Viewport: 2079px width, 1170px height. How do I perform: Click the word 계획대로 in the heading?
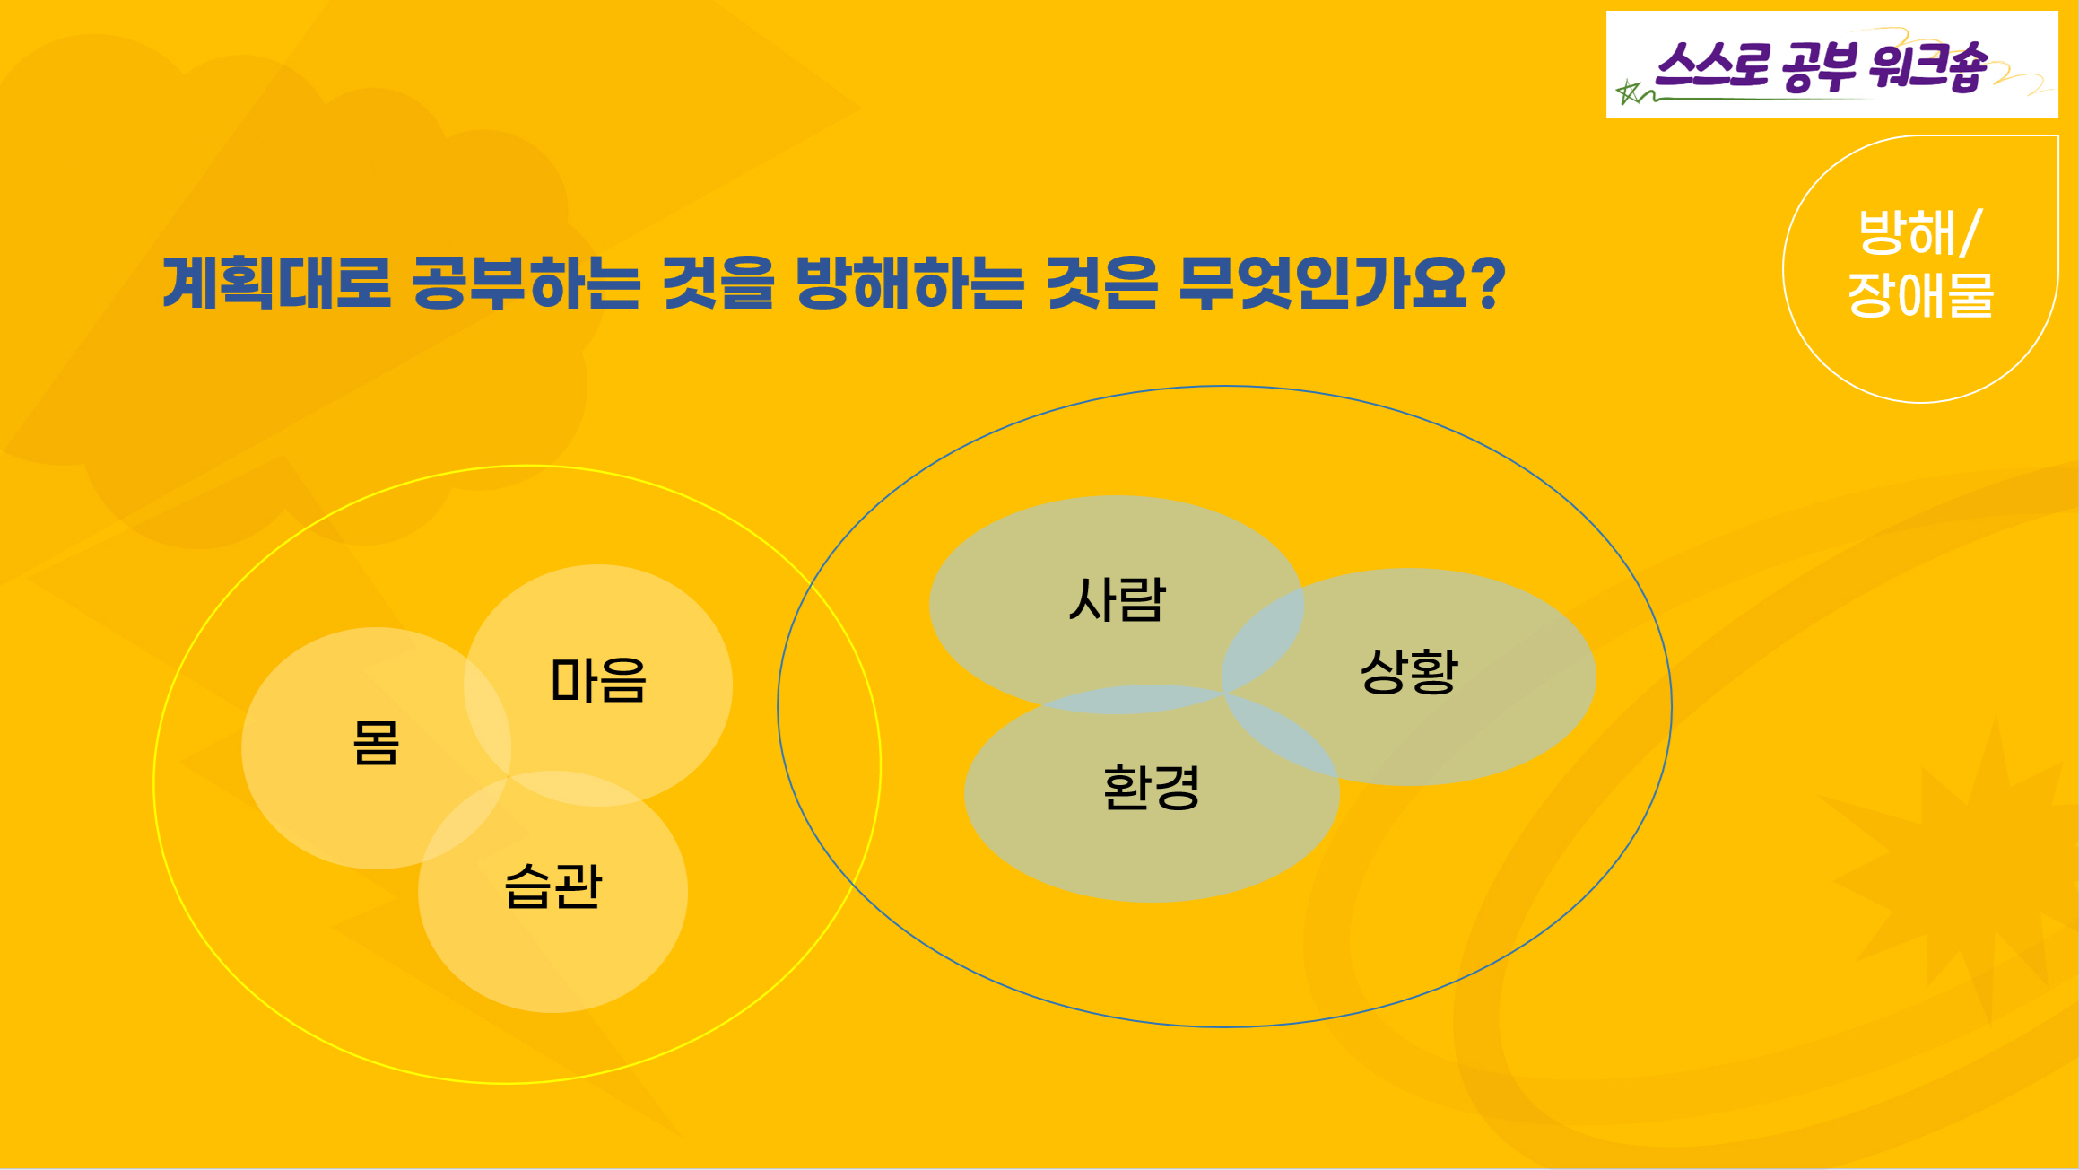pos(276,283)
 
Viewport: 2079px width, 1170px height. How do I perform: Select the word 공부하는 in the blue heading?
pos(526,283)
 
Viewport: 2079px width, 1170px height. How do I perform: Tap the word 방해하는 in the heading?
pos(909,283)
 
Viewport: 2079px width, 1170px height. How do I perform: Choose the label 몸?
pos(376,743)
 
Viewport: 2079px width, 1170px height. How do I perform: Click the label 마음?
pos(598,679)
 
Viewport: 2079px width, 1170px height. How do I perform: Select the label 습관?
pos(552,886)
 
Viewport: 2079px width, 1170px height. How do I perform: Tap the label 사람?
pos(1117,598)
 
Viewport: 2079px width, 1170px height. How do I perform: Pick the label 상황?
pos(1409,670)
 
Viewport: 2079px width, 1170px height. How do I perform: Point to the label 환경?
pos(1152,787)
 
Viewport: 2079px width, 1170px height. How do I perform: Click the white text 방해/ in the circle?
pos(1920,232)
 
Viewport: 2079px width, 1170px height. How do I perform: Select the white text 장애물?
pos(1920,294)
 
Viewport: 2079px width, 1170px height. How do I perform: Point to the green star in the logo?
pos(1628,92)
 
